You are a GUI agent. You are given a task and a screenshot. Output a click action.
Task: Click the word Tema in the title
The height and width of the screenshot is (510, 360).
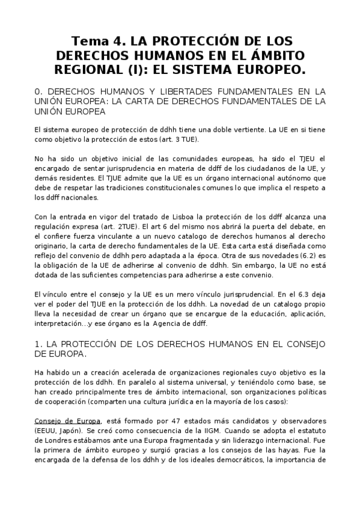(90, 41)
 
